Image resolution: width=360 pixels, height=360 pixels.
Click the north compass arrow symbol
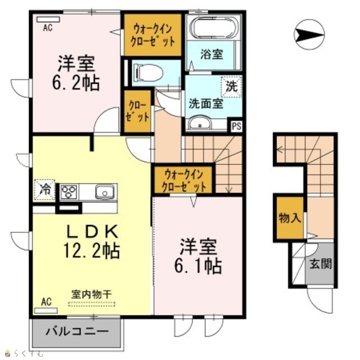coord(309,34)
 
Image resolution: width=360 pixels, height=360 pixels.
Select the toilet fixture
coord(148,73)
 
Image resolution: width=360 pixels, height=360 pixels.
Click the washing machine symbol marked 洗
coord(231,86)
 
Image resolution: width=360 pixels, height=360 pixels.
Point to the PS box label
coord(236,127)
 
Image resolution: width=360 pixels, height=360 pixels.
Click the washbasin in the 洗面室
coord(200,123)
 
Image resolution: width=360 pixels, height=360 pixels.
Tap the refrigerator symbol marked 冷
coord(45,190)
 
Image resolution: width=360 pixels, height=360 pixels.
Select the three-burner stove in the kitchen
coord(69,192)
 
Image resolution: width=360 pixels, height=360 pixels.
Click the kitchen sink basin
coord(105,192)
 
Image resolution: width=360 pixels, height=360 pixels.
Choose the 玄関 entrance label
coord(321,264)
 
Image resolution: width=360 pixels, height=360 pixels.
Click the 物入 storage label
coord(290,218)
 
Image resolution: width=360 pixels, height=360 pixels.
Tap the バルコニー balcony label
coord(77,331)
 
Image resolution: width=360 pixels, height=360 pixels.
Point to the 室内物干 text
coord(92,294)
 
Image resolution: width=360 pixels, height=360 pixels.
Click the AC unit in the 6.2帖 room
coord(48,20)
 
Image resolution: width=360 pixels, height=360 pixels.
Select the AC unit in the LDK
coord(46,311)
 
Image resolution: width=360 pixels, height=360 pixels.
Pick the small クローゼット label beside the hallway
coord(138,111)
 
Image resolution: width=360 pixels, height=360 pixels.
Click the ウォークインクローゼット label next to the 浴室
coord(152,35)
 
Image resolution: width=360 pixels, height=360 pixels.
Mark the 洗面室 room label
coord(206,103)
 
